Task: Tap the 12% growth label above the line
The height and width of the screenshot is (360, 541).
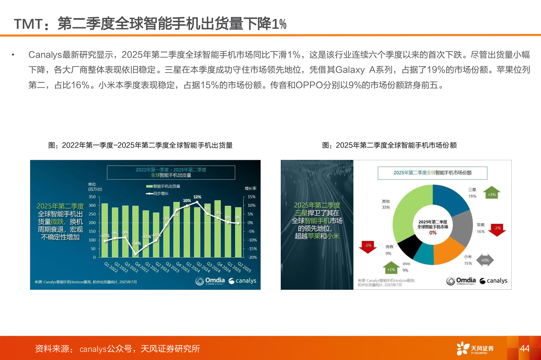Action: click(197, 197)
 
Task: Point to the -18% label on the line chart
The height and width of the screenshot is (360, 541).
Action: click(137, 244)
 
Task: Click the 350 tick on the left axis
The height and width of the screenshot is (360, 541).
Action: click(92, 197)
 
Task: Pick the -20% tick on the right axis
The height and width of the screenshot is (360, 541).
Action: click(252, 257)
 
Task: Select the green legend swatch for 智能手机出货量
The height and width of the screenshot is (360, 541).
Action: click(149, 186)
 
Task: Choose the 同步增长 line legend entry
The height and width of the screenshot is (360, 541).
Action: click(157, 193)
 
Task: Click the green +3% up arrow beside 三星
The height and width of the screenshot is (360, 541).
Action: click(492, 193)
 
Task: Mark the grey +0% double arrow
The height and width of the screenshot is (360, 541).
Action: click(485, 260)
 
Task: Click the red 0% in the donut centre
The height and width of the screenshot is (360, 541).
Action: click(433, 233)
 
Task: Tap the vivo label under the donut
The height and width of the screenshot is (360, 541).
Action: click(406, 264)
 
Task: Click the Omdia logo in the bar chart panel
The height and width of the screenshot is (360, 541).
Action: click(210, 281)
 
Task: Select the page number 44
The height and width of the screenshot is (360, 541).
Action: click(525, 348)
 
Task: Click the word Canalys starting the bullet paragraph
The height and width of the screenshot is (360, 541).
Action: click(45, 55)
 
